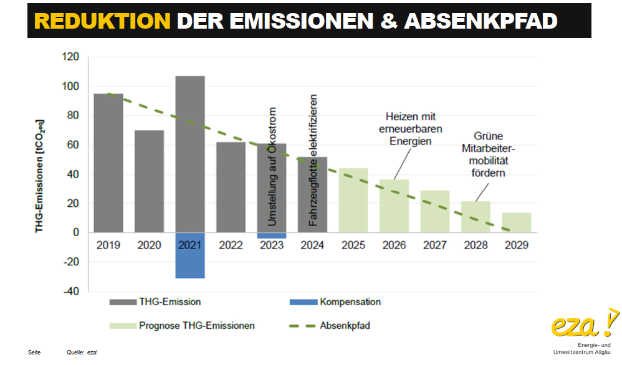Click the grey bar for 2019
pyautogui.click(x=108, y=163)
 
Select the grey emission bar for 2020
pyautogui.click(x=149, y=181)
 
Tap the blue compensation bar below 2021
pyautogui.click(x=190, y=255)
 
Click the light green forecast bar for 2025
pyautogui.click(x=353, y=200)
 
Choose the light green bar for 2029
pyautogui.click(x=517, y=222)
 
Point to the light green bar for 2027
pyautogui.click(x=435, y=211)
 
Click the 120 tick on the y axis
pyautogui.click(x=71, y=57)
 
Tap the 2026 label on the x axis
pyautogui.click(x=394, y=245)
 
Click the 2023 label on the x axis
pyautogui.click(x=272, y=245)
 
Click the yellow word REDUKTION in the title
pyautogui.click(x=102, y=21)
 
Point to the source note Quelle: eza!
pyautogui.click(x=82, y=353)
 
